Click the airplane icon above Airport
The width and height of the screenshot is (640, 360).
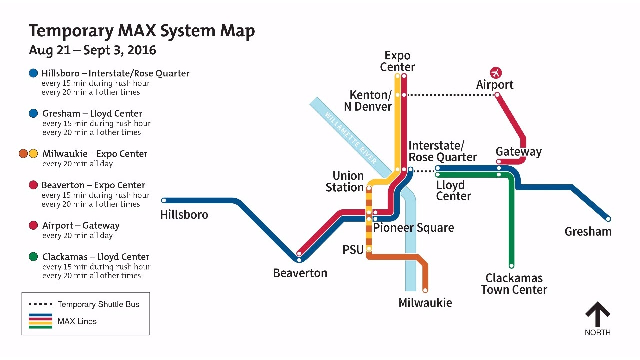tap(496, 73)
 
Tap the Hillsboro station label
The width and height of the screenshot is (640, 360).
tap(184, 215)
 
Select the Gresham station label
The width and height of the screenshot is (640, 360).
tap(588, 232)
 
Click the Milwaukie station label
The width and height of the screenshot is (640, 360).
tap(425, 303)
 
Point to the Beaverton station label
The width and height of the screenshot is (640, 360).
tap(300, 273)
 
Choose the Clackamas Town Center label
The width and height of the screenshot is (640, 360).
tap(514, 284)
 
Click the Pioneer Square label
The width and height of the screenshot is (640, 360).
tap(414, 228)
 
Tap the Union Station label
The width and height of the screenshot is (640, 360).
tap(345, 182)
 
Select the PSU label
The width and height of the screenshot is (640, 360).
tap(353, 250)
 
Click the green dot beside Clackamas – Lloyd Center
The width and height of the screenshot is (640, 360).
tap(33, 257)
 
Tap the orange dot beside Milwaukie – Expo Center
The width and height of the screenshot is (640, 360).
tap(23, 154)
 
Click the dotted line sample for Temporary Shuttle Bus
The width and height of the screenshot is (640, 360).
tap(40, 304)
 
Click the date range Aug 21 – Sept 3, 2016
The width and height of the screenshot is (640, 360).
tap(92, 50)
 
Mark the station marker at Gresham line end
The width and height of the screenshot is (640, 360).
tap(608, 219)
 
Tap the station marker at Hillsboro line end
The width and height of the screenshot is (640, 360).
tap(164, 201)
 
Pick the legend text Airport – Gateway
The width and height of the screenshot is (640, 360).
tap(81, 225)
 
